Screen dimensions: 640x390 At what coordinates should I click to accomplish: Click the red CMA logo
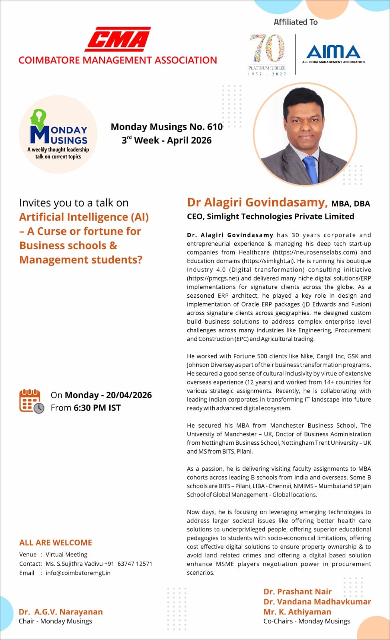tap(117, 39)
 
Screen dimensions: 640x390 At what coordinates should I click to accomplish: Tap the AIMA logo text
tap(333, 52)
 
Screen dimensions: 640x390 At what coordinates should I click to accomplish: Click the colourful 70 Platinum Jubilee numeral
tap(267, 48)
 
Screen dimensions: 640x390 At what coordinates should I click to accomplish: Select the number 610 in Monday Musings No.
tap(215, 127)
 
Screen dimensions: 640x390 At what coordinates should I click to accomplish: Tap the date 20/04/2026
tap(129, 395)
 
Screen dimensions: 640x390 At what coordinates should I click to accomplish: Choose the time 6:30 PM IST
tap(97, 408)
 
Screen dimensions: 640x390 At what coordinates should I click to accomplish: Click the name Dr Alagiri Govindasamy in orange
tap(257, 202)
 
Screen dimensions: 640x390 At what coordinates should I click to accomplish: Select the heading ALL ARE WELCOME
tap(56, 543)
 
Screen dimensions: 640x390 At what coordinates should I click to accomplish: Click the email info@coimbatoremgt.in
tap(78, 573)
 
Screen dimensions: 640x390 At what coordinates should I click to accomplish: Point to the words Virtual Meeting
tap(66, 554)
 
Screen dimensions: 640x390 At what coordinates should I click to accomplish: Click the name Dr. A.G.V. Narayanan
tap(61, 612)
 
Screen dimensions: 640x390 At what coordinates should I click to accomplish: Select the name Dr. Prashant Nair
tap(298, 592)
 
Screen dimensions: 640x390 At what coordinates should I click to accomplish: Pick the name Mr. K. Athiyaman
tap(297, 612)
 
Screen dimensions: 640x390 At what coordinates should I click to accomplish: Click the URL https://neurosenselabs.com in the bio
tap(315, 252)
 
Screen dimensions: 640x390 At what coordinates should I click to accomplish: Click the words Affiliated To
tap(296, 22)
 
